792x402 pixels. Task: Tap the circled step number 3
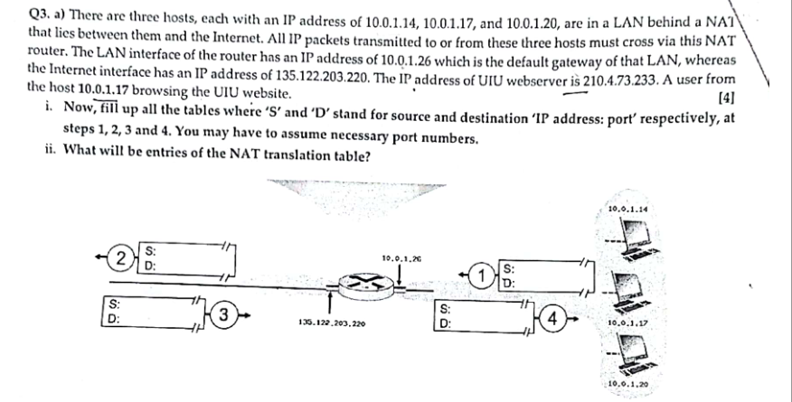(x=231, y=317)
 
